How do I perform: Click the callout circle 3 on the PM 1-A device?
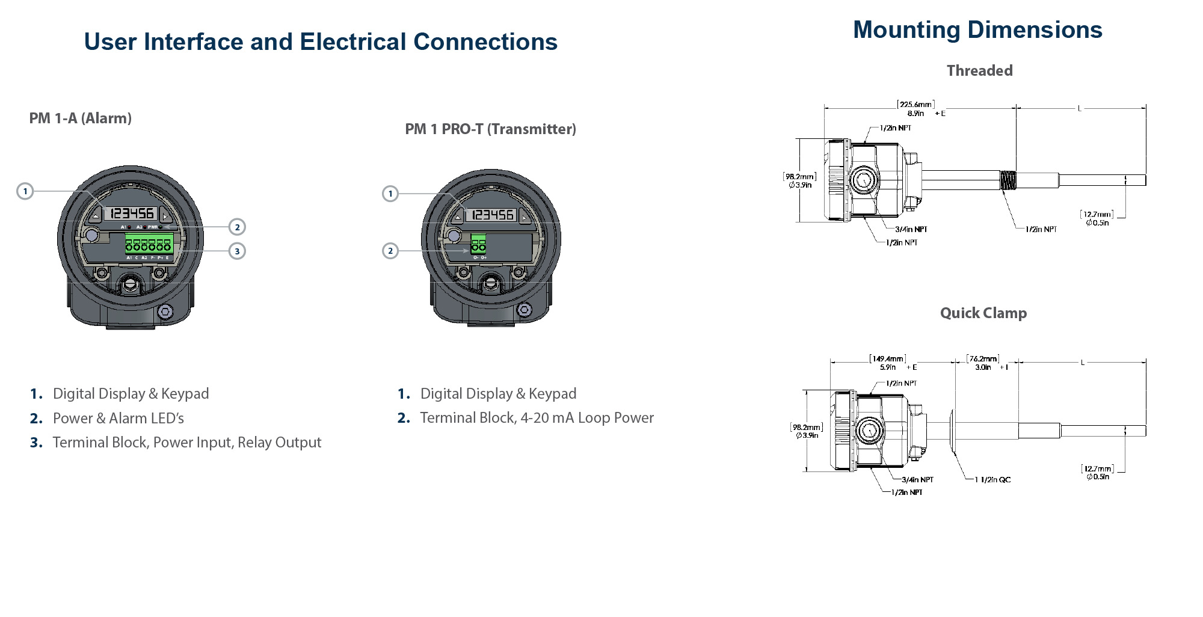pyautogui.click(x=237, y=251)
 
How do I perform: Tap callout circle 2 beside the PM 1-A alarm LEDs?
pyautogui.click(x=237, y=227)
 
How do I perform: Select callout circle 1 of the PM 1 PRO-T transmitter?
pyautogui.click(x=390, y=194)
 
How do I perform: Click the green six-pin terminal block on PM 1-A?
pyautogui.click(x=149, y=244)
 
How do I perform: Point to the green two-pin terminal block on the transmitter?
pyautogui.click(x=478, y=244)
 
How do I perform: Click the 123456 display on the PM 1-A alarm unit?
pyautogui.click(x=132, y=213)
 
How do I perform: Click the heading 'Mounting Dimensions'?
pyautogui.click(x=977, y=30)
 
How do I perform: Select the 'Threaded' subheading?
pyautogui.click(x=979, y=71)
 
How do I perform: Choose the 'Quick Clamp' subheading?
pyautogui.click(x=983, y=313)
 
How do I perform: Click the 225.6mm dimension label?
pyautogui.click(x=915, y=105)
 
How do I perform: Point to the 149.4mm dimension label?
pyautogui.click(x=888, y=359)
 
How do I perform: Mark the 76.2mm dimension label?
pyautogui.click(x=983, y=359)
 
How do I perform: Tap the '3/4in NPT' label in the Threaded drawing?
pyautogui.click(x=911, y=229)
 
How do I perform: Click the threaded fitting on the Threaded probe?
pyautogui.click(x=1008, y=180)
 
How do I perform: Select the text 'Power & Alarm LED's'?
pyautogui.click(x=118, y=418)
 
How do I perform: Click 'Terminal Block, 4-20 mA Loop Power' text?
pyautogui.click(x=537, y=418)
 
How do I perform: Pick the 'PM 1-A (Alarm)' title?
pyautogui.click(x=80, y=118)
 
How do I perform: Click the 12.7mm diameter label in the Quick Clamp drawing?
pyautogui.click(x=1097, y=468)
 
